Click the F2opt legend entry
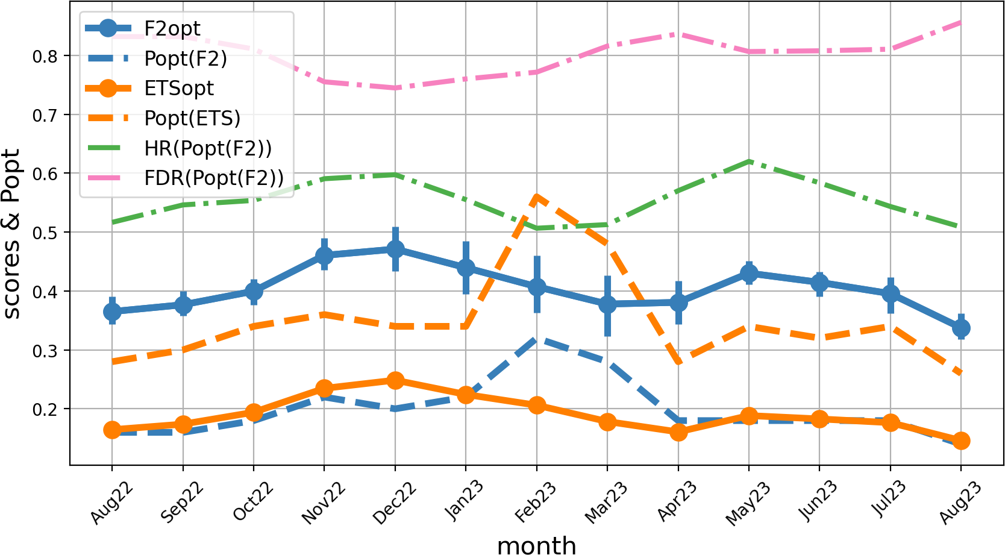[x=172, y=28]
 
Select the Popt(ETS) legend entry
[x=192, y=118]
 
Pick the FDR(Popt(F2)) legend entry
[x=213, y=178]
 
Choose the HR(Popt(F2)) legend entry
[x=207, y=148]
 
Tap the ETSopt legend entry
[x=178, y=88]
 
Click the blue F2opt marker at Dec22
[x=395, y=249]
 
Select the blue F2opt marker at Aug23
[x=961, y=328]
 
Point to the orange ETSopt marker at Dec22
[x=395, y=380]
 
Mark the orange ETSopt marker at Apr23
[x=678, y=432]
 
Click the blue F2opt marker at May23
[x=749, y=273]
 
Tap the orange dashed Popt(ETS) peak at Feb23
[x=536, y=196]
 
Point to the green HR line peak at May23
[x=749, y=161]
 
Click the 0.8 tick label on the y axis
[x=45, y=56]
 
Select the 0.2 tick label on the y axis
[x=45, y=409]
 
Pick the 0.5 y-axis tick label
[x=45, y=233]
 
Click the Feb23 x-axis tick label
[x=535, y=502]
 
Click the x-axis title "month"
[x=536, y=545]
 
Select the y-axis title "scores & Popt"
[x=12, y=233]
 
